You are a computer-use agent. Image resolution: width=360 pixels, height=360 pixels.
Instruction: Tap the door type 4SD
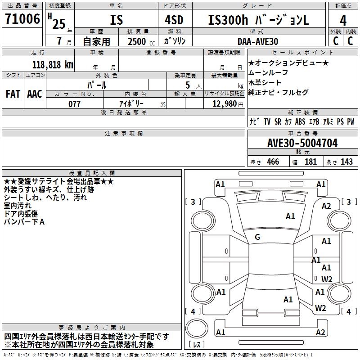(x=175, y=20)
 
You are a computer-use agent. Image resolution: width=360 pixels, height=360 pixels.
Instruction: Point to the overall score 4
(x=343, y=20)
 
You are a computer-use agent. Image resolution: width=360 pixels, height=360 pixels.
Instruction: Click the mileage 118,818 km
(x=52, y=64)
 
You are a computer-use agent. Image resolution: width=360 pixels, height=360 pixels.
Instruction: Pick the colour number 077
(x=74, y=104)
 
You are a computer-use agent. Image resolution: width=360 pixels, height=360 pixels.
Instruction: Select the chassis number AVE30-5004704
(x=302, y=143)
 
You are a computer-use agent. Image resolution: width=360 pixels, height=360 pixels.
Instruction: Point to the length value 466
(x=273, y=162)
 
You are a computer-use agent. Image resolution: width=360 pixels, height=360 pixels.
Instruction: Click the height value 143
(x=346, y=162)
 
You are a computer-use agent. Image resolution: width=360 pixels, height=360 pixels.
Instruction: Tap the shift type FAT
(x=13, y=94)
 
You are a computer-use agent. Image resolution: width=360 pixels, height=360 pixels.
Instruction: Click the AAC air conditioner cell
(x=34, y=94)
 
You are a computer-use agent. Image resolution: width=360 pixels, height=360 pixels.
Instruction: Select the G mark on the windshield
(x=257, y=237)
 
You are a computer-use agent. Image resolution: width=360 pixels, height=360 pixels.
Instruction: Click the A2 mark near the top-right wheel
(x=326, y=206)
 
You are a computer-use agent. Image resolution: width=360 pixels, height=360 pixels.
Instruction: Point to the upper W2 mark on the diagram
(x=327, y=279)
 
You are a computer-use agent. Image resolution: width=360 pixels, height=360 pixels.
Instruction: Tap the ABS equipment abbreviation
(x=300, y=122)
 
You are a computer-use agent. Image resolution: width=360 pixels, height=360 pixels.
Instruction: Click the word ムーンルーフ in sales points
(x=268, y=72)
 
